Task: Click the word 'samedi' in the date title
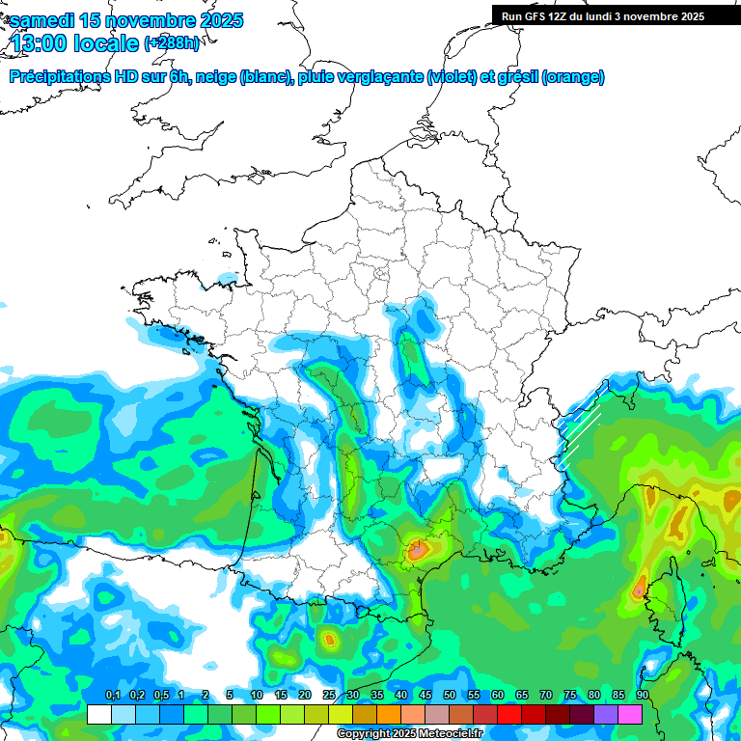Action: (x=43, y=20)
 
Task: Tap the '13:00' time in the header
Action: (x=42, y=43)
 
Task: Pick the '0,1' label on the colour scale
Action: (x=112, y=695)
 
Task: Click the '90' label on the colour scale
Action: (x=642, y=695)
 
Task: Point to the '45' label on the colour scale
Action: (x=425, y=695)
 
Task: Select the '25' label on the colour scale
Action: (x=329, y=695)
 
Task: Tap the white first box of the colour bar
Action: (x=98, y=714)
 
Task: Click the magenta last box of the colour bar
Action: (x=630, y=714)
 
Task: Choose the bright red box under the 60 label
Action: (x=509, y=714)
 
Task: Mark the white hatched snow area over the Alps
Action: (x=577, y=434)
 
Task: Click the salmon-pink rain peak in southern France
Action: (x=418, y=551)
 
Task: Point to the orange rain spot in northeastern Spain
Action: (x=330, y=638)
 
